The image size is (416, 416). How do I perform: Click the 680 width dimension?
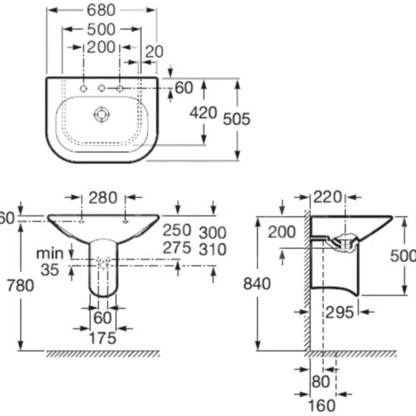click(x=101, y=10)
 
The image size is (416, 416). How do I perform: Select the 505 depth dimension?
click(x=236, y=119)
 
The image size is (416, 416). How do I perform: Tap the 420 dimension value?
click(x=203, y=113)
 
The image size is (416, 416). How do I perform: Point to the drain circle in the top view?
click(x=102, y=114)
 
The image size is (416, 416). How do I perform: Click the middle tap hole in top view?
click(x=102, y=88)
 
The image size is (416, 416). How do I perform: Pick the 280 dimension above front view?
click(x=103, y=198)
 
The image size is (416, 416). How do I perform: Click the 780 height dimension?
click(x=20, y=285)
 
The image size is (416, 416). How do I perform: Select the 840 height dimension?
click(x=257, y=284)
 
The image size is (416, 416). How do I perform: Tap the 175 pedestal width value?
click(x=102, y=338)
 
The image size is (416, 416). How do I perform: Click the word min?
click(x=50, y=254)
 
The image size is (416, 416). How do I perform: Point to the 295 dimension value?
click(x=339, y=313)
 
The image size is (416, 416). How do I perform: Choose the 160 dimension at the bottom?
click(x=322, y=405)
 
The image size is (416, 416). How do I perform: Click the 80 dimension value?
click(x=321, y=382)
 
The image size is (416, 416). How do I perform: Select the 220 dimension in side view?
click(x=327, y=197)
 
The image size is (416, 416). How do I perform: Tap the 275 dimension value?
click(x=177, y=248)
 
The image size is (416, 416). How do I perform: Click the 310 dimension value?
click(x=213, y=250)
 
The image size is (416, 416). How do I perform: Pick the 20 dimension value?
click(x=155, y=52)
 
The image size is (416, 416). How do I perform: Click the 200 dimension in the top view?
click(x=101, y=47)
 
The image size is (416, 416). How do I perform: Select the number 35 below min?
click(x=50, y=270)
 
